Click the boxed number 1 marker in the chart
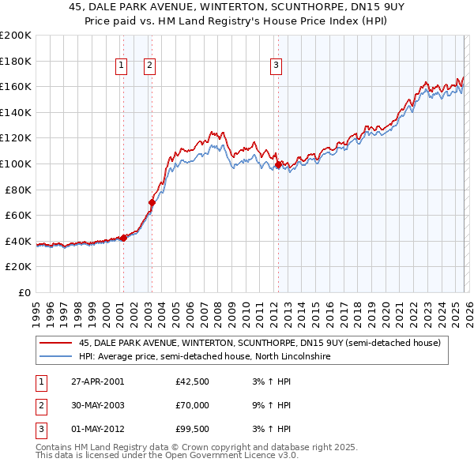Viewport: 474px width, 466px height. [x=122, y=66]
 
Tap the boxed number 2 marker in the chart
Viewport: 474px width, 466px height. [x=149, y=66]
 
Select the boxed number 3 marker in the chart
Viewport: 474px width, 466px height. [x=276, y=66]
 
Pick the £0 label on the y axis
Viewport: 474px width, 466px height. [x=24, y=292]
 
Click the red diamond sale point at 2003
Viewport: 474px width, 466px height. [x=152, y=202]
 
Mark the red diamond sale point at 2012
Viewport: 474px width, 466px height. [x=279, y=164]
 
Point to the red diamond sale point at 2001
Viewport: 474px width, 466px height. [x=123, y=238]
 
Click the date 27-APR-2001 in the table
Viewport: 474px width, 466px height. [x=97, y=381]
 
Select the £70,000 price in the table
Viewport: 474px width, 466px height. [x=193, y=405]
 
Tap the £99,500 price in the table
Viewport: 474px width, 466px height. [x=193, y=429]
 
